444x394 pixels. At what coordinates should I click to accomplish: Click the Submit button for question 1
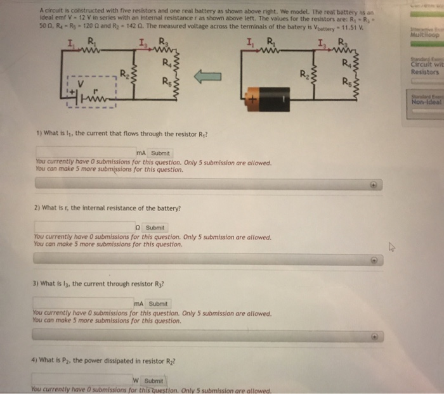(160, 153)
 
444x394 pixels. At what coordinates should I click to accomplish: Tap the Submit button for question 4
(155, 380)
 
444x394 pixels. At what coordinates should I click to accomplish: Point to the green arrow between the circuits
(207, 77)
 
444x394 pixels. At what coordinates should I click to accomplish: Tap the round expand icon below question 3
(374, 336)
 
